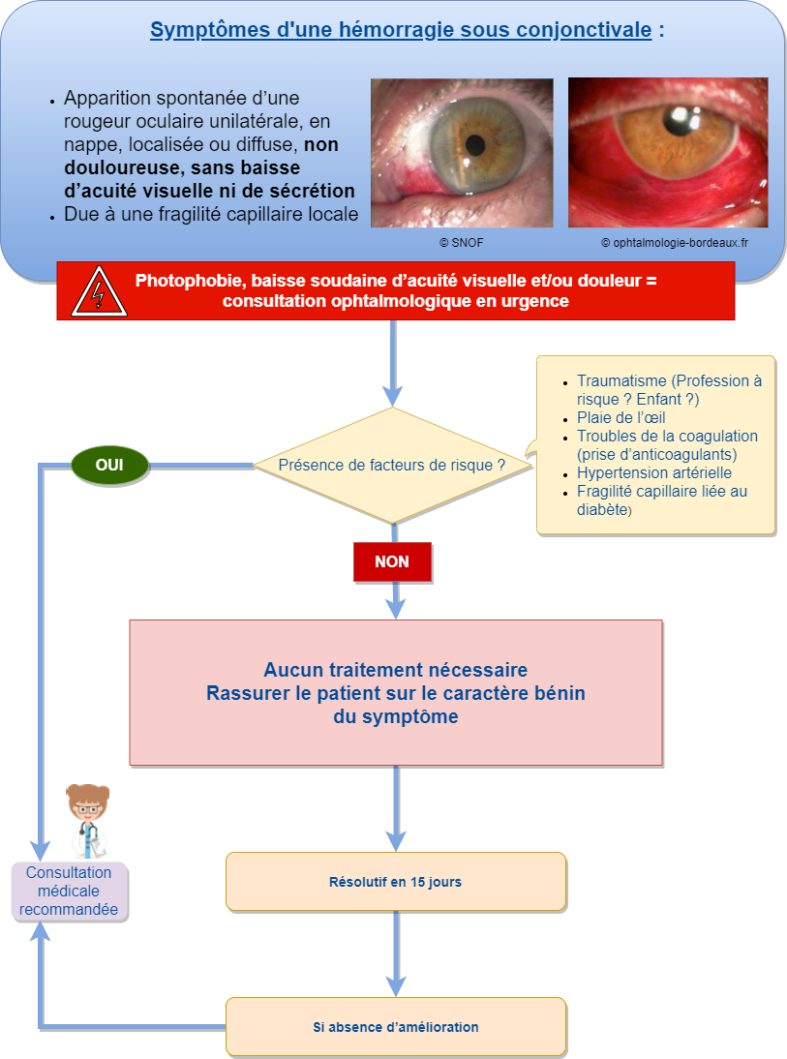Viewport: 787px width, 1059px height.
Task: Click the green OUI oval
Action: pos(109,465)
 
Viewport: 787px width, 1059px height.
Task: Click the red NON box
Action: pos(392,561)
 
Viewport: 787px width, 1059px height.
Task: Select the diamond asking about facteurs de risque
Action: pos(392,466)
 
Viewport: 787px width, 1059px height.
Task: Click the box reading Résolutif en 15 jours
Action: pos(395,882)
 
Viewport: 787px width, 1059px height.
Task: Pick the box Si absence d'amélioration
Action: pos(395,1027)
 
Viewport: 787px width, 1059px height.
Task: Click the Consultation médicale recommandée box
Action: pos(69,892)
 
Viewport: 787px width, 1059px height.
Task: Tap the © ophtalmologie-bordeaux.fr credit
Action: pos(674,244)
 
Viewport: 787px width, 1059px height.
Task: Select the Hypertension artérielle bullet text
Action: pos(654,473)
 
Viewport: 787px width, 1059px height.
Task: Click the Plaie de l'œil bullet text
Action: pos(621,418)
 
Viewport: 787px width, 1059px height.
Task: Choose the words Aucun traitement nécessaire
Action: pos(395,670)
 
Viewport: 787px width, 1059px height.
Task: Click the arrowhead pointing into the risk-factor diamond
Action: pos(392,396)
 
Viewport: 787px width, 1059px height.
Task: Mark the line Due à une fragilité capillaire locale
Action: pos(211,215)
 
